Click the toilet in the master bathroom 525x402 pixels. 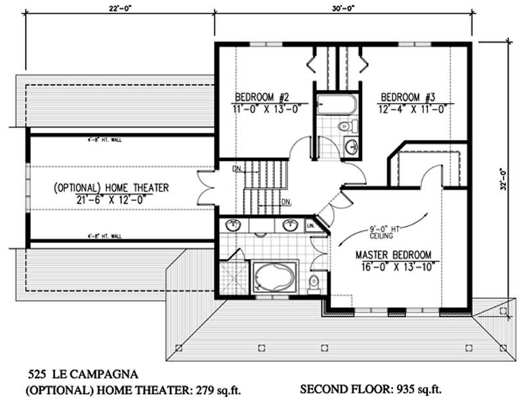point(314,281)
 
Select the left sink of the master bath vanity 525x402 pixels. point(233,226)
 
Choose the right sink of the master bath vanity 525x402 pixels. point(289,226)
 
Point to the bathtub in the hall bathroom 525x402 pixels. point(335,104)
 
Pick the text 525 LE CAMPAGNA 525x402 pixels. point(82,375)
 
